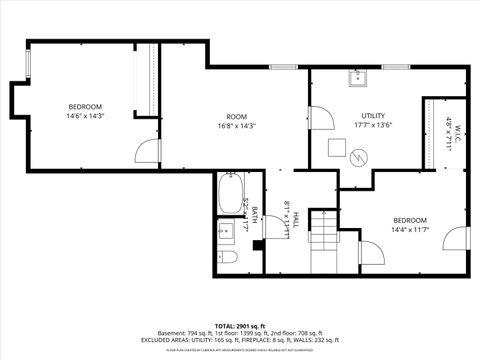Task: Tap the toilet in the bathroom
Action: [x=228, y=259]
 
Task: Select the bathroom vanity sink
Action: [x=226, y=231]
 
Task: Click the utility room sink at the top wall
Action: [x=357, y=76]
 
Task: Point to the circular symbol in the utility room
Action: [x=361, y=157]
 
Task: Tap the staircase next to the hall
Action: [x=323, y=239]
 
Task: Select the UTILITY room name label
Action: [x=373, y=116]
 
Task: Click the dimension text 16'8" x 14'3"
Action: [x=236, y=126]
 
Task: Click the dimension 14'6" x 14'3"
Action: [x=85, y=116]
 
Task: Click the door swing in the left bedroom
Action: [x=148, y=150]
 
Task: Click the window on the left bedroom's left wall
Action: [x=28, y=62]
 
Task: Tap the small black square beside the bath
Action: [x=258, y=242]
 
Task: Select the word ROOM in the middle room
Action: [x=236, y=116]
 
